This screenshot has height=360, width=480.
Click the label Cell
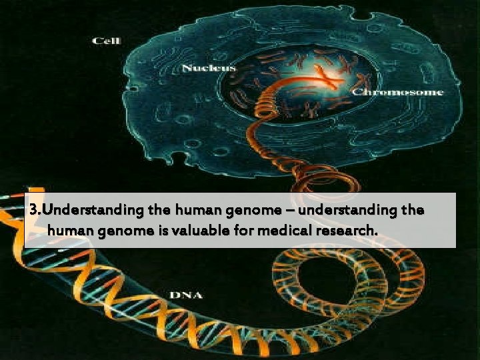tap(106, 41)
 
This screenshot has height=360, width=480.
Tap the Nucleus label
tap(209, 68)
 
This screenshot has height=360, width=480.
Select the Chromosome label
tap(397, 91)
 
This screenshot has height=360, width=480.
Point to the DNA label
tap(186, 294)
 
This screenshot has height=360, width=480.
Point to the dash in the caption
tap(290, 210)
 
